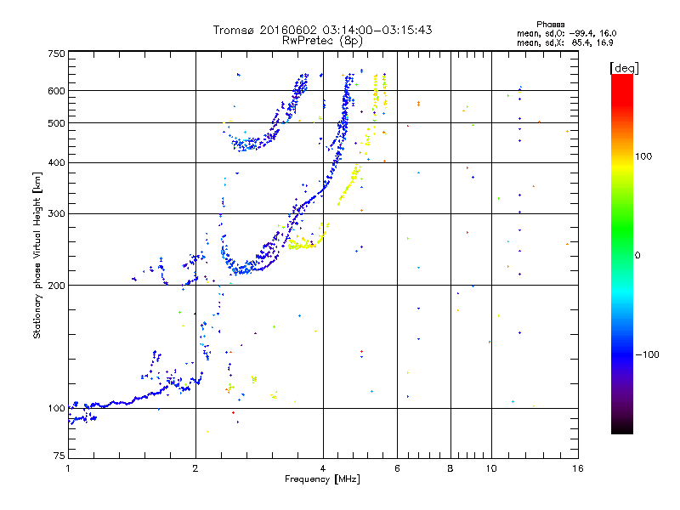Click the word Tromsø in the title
[x=232, y=30]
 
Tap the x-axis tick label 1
[x=68, y=468]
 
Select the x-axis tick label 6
[x=397, y=468]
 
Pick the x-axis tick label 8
[x=450, y=468]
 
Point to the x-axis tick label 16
[x=577, y=468]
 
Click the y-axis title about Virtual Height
[x=37, y=255]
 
